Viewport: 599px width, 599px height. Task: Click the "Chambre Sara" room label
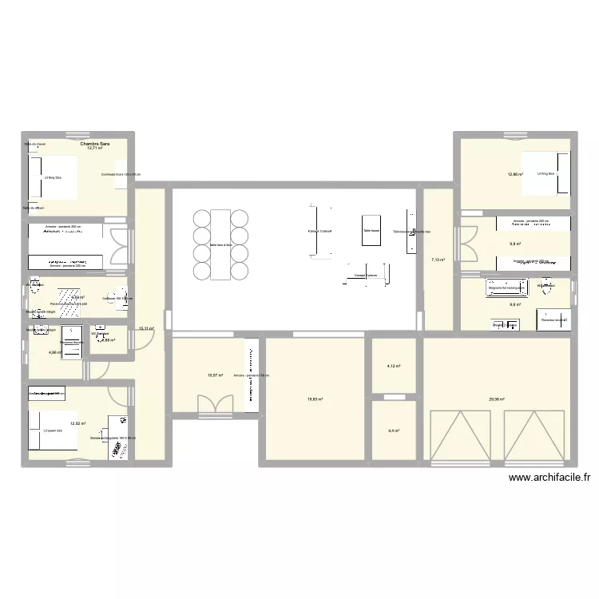[x=95, y=143]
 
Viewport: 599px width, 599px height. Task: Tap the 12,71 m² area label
[x=95, y=149]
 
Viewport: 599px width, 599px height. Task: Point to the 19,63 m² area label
[x=315, y=399]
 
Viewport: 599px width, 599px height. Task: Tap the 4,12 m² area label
[x=394, y=367]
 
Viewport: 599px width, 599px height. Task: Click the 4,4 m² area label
[x=394, y=430]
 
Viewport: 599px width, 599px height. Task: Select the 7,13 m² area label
[x=438, y=260]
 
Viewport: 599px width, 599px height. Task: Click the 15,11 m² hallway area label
[x=146, y=328]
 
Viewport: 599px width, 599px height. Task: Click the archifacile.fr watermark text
[x=548, y=478]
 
